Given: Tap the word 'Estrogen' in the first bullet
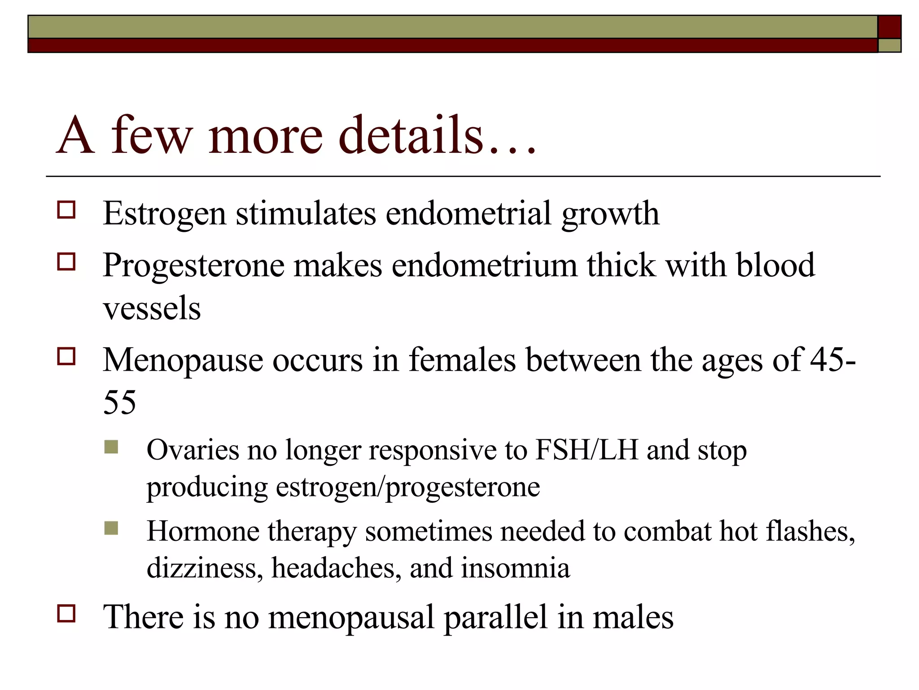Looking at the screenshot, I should [164, 213].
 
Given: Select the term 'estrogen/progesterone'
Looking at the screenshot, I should [407, 487].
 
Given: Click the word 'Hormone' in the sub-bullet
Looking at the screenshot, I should [203, 531].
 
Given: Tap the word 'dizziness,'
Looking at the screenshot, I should [205, 568].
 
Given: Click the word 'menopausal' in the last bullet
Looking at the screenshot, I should [351, 618].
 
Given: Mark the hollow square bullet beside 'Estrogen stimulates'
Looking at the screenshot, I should [66, 210].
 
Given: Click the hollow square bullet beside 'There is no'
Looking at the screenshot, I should [66, 613].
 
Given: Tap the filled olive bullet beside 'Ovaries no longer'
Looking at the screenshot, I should [111, 447].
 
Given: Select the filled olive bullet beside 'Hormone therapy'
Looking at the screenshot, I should [111, 528].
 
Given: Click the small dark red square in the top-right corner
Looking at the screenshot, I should [889, 27].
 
